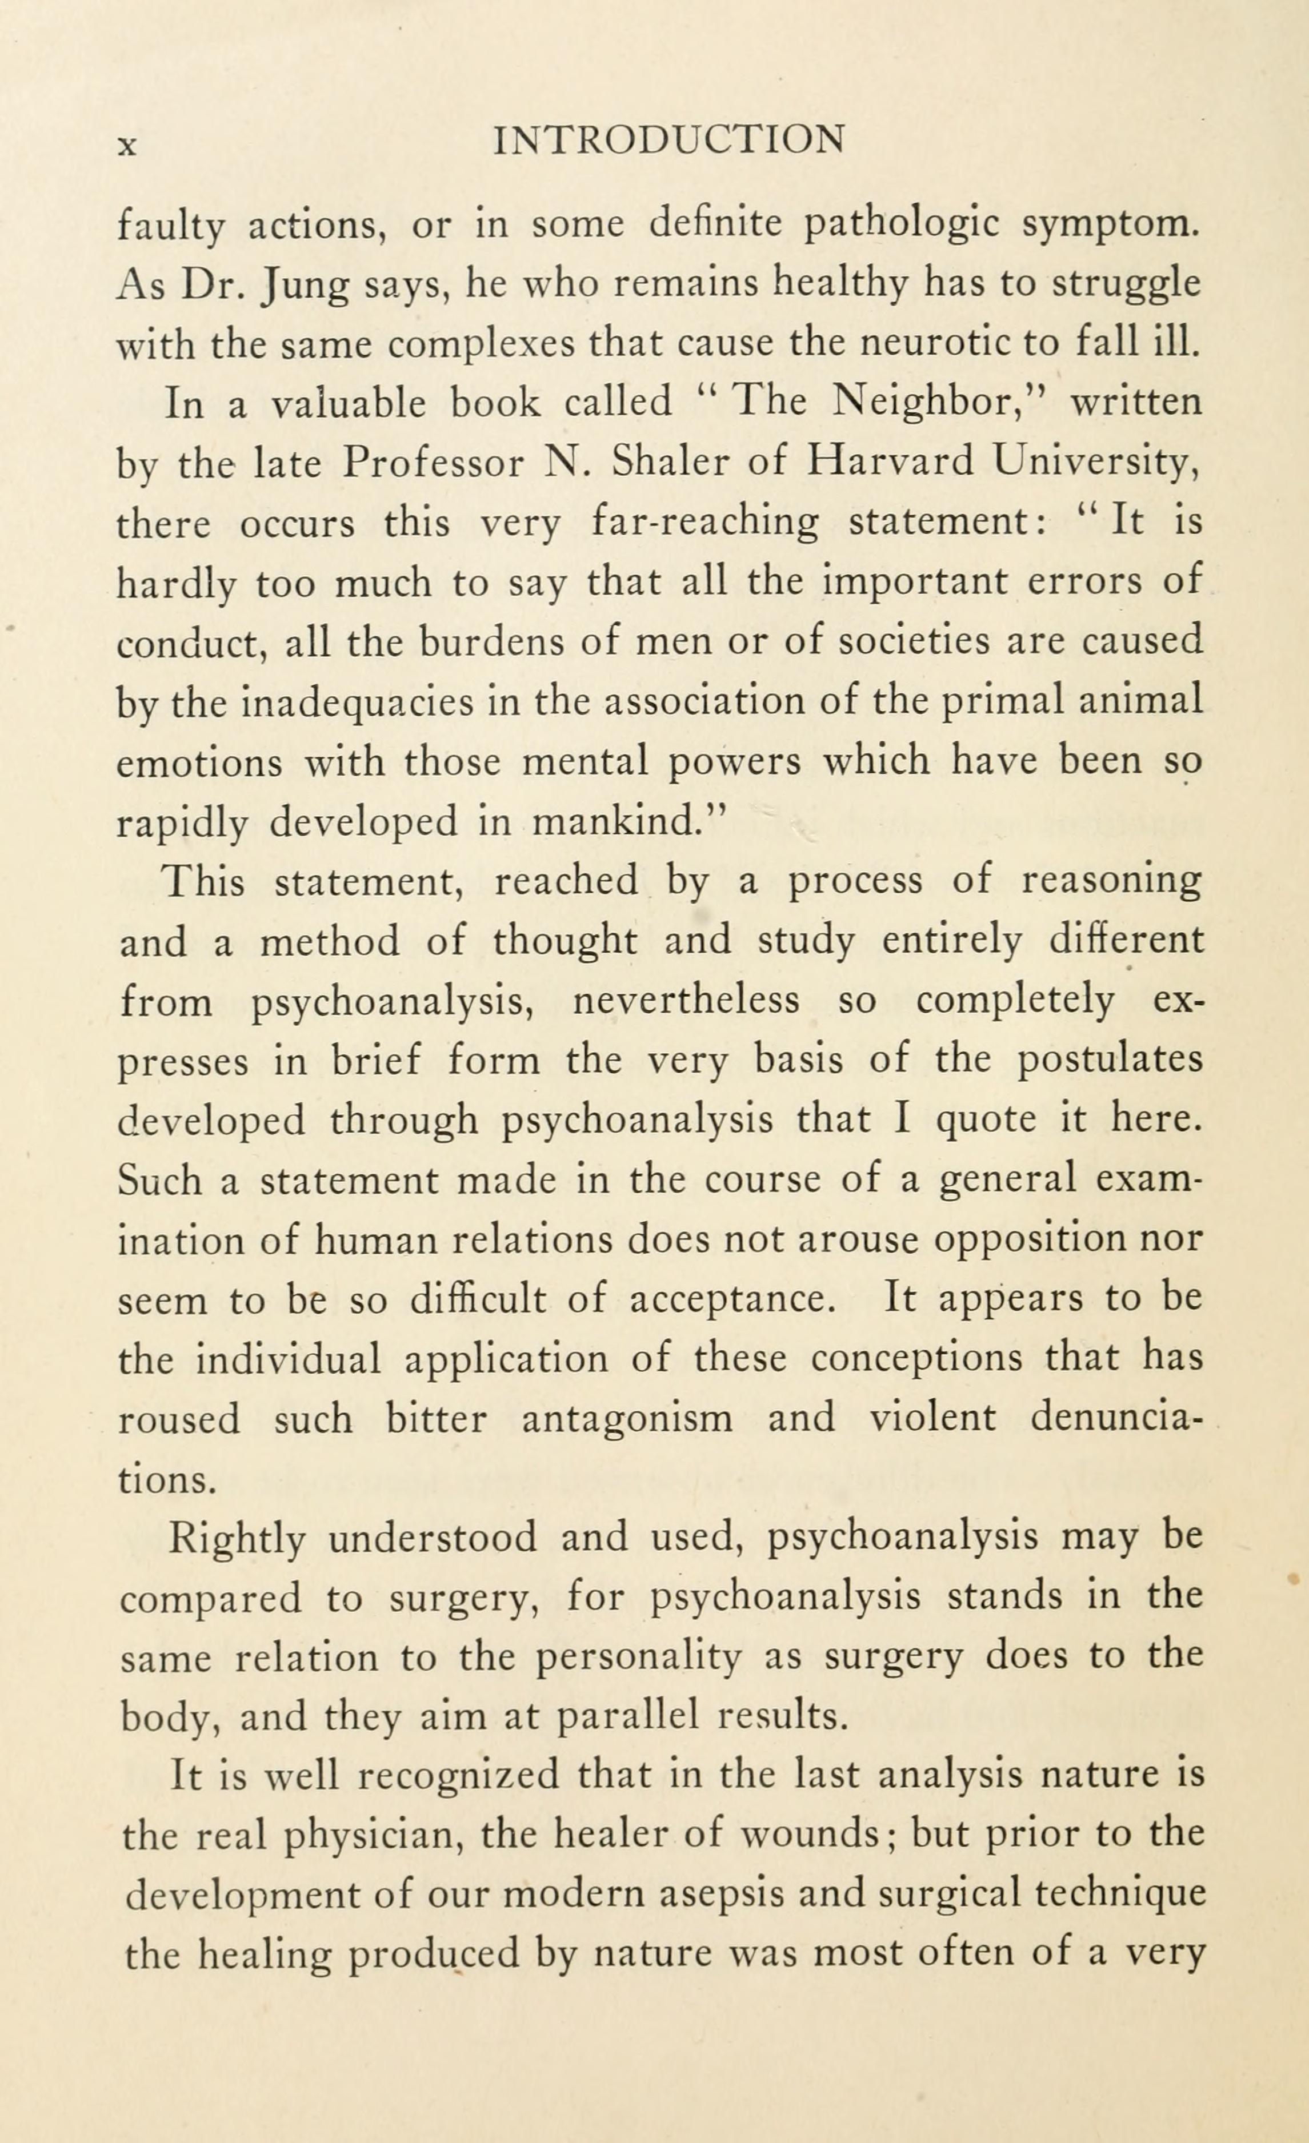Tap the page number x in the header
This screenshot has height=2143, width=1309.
(128, 145)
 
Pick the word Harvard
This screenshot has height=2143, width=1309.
(890, 463)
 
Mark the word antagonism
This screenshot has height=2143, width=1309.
(627, 1419)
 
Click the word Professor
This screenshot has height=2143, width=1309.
(433, 463)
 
